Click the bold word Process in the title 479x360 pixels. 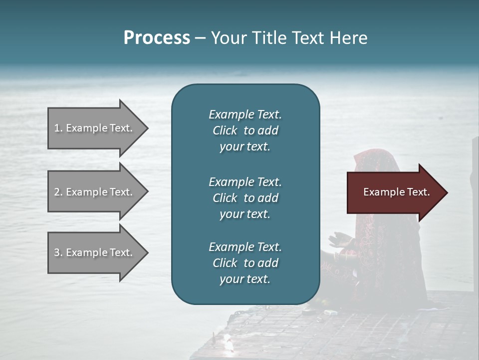click(157, 38)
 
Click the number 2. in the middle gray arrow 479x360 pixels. click(58, 192)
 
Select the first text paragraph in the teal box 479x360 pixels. click(245, 130)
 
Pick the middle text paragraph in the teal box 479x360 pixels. click(245, 198)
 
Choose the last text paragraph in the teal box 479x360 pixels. click(245, 263)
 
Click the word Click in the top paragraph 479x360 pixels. click(225, 130)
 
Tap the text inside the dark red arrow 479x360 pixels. click(397, 192)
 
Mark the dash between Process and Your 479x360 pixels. click(200, 38)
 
